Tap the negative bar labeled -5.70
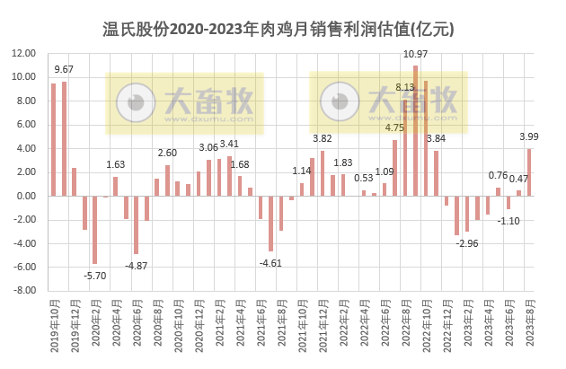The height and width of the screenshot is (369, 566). click(94, 230)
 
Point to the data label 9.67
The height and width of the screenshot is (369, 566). click(65, 69)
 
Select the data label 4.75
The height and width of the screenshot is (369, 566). click(394, 127)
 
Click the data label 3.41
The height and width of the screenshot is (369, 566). click(229, 144)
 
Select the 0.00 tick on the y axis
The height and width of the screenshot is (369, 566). click(24, 196)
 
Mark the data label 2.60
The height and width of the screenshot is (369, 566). click(167, 153)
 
